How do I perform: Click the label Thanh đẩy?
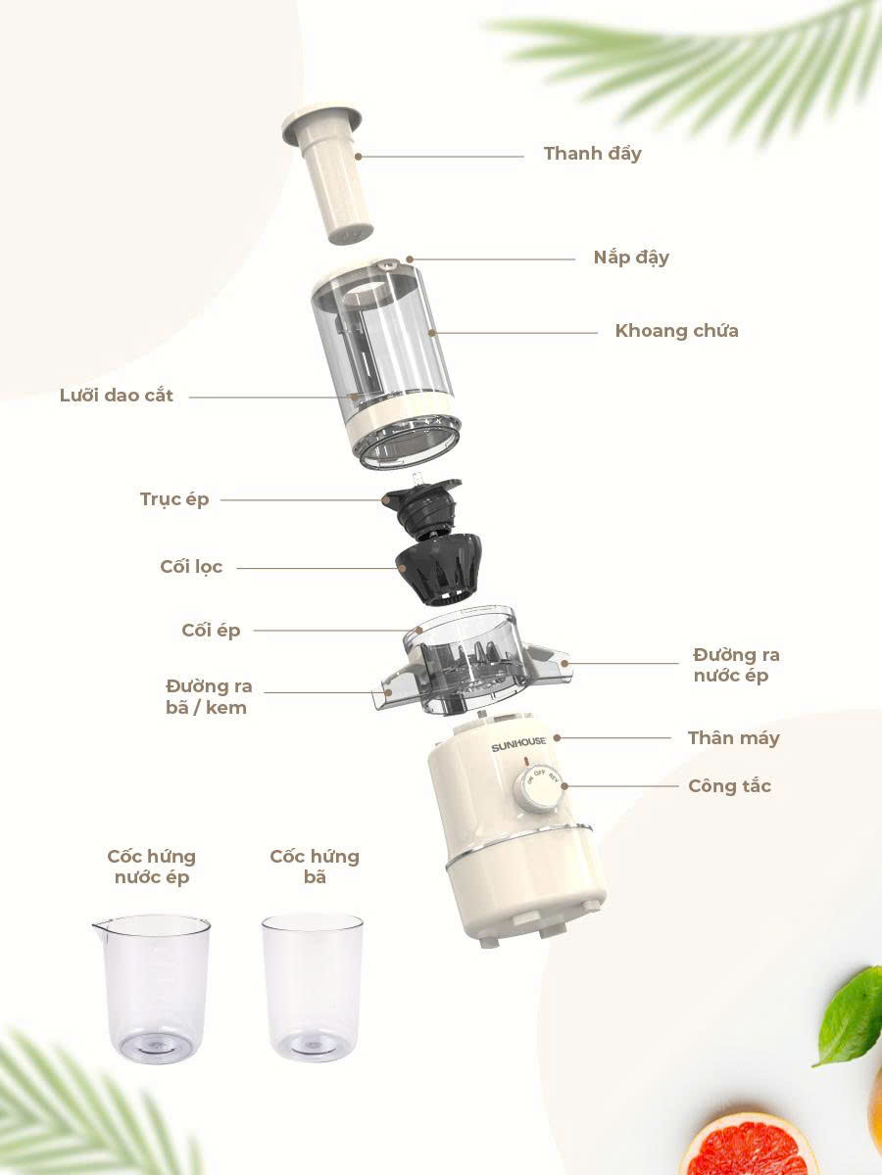click(x=592, y=154)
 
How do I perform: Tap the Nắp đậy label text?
click(x=631, y=258)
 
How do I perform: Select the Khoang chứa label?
click(x=676, y=331)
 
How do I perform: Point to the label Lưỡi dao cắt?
click(x=117, y=396)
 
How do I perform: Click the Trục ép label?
click(x=174, y=499)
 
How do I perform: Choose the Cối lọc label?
click(x=191, y=567)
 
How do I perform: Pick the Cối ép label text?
click(x=211, y=631)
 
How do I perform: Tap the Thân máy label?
click(x=734, y=738)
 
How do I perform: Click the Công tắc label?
click(x=729, y=786)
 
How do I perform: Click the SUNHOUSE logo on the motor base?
click(x=518, y=743)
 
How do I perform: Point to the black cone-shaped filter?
click(x=438, y=569)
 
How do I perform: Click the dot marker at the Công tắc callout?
click(x=564, y=786)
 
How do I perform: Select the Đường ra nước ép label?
click(x=736, y=666)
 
